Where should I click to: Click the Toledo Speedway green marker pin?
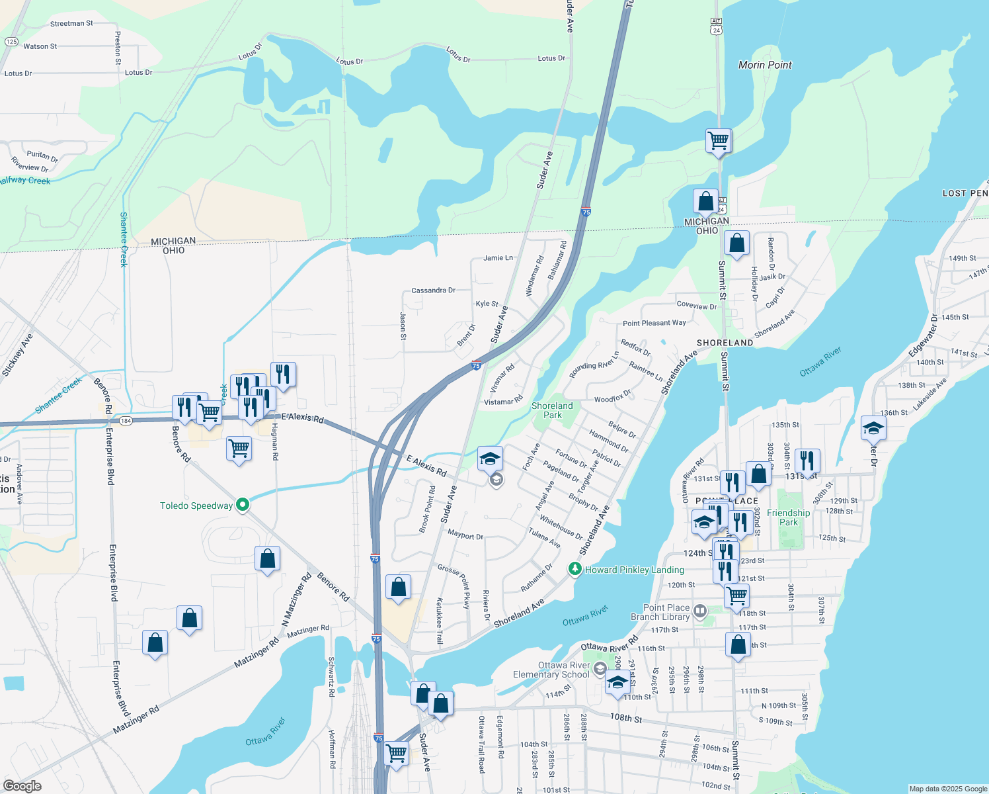click(x=243, y=506)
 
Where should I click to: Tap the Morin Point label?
click(x=765, y=65)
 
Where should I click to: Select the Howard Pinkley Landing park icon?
click(x=575, y=569)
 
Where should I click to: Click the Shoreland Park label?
click(x=552, y=410)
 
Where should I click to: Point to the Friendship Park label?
click(x=788, y=517)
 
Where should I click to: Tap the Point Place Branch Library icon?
click(x=700, y=611)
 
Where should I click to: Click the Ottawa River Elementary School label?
click(x=551, y=670)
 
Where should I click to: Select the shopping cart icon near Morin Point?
click(x=718, y=140)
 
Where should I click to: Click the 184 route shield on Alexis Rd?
click(x=126, y=420)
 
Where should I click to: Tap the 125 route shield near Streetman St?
click(x=11, y=42)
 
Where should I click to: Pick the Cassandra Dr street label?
click(x=433, y=290)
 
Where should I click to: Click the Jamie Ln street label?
click(x=498, y=258)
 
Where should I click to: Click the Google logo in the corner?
click(x=22, y=786)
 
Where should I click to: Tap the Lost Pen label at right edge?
click(x=965, y=193)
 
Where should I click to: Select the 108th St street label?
click(x=625, y=718)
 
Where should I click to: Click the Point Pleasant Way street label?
click(x=654, y=323)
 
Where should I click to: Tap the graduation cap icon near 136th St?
click(x=873, y=428)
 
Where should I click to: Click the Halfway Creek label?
click(x=25, y=181)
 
